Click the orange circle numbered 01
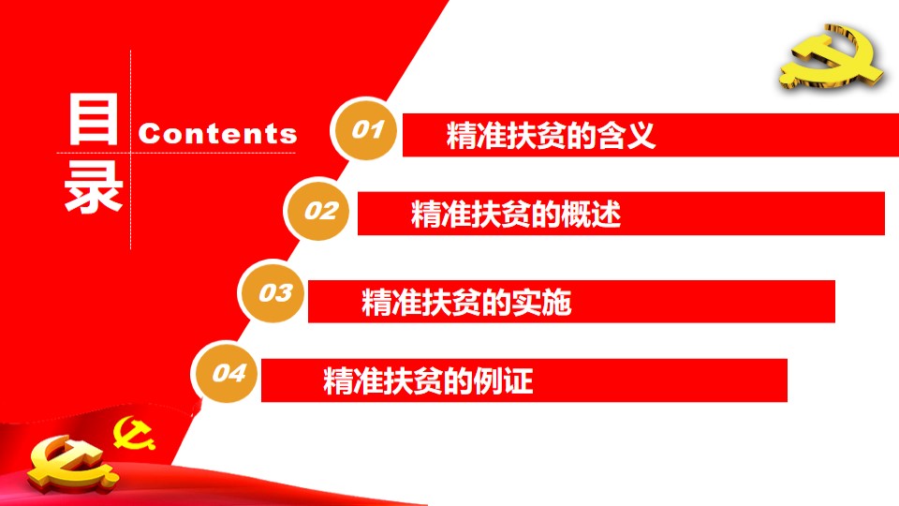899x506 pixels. tap(365, 129)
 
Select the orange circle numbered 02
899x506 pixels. tap(318, 210)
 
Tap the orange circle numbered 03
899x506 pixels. tap(273, 292)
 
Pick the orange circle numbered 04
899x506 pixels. tap(226, 372)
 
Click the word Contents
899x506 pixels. tap(217, 134)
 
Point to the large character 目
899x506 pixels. tap(94, 119)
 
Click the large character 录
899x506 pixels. tap(94, 186)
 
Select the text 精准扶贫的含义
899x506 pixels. tap(551, 135)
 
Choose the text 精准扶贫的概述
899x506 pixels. tap(516, 214)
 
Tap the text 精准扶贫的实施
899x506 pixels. tap(466, 303)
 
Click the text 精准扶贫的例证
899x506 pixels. tap(428, 381)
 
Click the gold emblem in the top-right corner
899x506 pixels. tap(831, 57)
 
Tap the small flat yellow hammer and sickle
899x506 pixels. tap(134, 433)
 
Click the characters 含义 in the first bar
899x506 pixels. tap(626, 135)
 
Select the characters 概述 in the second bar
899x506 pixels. tap(591, 214)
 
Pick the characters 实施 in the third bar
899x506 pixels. tap(542, 303)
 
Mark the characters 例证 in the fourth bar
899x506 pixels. tap(504, 381)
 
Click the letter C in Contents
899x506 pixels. tap(149, 134)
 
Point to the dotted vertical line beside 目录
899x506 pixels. tap(131, 150)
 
